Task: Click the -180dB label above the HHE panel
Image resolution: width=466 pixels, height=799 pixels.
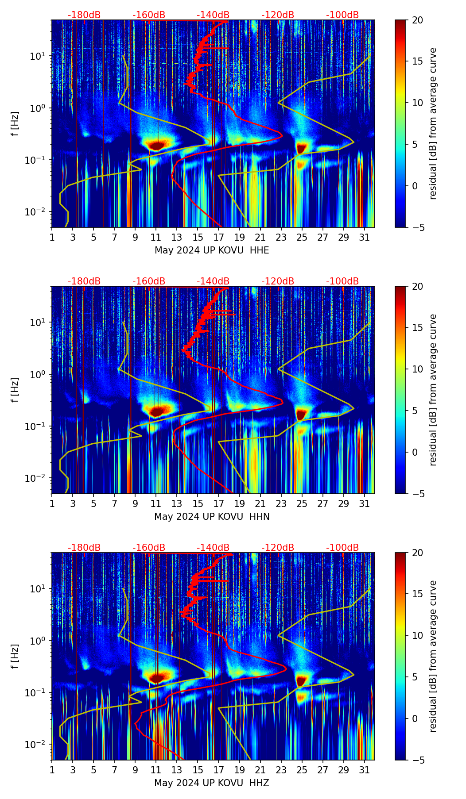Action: pyautogui.click(x=84, y=15)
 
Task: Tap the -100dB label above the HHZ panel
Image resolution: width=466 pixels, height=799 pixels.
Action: pyautogui.click(x=342, y=548)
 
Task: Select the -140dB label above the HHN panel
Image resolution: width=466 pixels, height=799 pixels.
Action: pyautogui.click(x=213, y=281)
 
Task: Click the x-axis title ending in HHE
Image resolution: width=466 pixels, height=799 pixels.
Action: pyautogui.click(x=212, y=250)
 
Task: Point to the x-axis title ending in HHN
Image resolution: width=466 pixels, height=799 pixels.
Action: pyautogui.click(x=212, y=517)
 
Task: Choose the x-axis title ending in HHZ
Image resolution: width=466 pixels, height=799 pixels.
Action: pyautogui.click(x=212, y=783)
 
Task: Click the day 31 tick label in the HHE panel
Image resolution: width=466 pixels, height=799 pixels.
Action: pyautogui.click(x=365, y=238)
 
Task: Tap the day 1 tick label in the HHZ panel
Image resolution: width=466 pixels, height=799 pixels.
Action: pyautogui.click(x=52, y=770)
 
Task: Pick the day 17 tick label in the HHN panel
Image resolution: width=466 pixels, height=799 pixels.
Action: pyautogui.click(x=219, y=504)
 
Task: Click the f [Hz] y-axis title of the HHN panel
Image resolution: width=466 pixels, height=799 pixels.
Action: pyautogui.click(x=15, y=390)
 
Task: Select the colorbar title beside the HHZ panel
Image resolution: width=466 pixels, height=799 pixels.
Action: pyautogui.click(x=433, y=656)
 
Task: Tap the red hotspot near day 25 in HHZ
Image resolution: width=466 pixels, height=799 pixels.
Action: pyautogui.click(x=302, y=680)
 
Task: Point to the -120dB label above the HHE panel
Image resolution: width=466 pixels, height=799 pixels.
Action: pyautogui.click(x=278, y=15)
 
